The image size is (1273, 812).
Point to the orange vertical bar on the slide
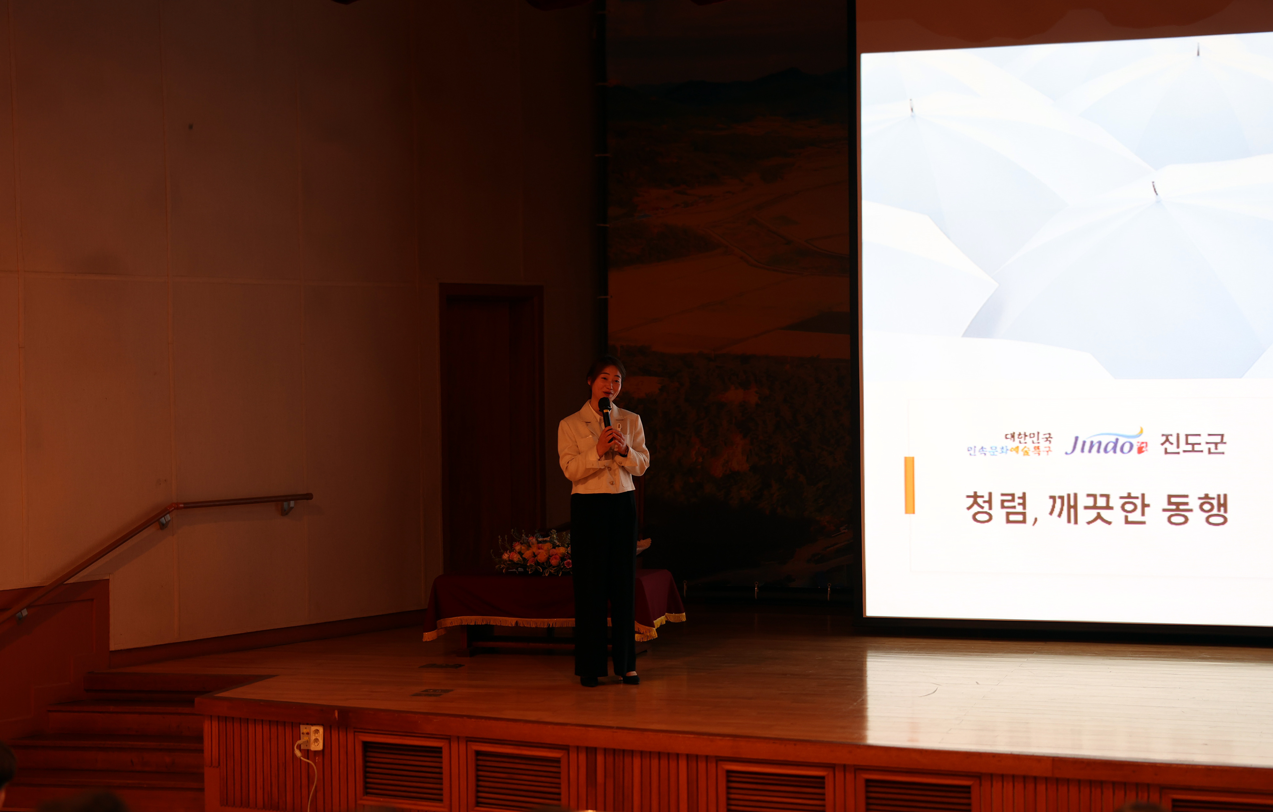tap(909, 485)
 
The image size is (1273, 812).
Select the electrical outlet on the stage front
tap(311, 737)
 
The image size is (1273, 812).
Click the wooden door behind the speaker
tap(492, 423)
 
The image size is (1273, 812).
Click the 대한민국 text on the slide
tap(1028, 438)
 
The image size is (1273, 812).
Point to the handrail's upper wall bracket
tap(288, 507)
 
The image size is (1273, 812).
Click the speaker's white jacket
tap(582, 455)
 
